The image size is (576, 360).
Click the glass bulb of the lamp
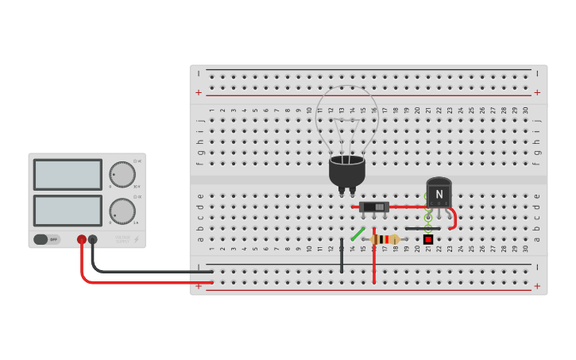(x=346, y=119)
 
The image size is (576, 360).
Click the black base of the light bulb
(x=346, y=171)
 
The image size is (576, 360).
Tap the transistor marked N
(x=439, y=193)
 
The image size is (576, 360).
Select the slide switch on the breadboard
(x=374, y=207)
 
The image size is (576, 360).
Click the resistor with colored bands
(x=385, y=239)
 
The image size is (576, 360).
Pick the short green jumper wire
(x=358, y=234)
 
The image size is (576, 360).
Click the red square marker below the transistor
(x=428, y=239)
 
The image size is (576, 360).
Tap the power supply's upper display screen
(x=68, y=175)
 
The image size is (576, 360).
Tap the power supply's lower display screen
(x=68, y=210)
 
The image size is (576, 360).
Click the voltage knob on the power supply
(x=122, y=174)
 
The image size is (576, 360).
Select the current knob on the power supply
(x=122, y=211)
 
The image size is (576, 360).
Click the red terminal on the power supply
(x=81, y=239)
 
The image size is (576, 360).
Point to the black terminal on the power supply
(x=93, y=239)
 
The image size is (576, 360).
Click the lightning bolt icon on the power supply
(x=136, y=238)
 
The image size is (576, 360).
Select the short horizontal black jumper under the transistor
(x=422, y=229)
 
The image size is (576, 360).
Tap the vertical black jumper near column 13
(x=342, y=254)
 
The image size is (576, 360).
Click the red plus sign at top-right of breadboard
(x=537, y=92)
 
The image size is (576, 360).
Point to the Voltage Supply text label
(x=122, y=238)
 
